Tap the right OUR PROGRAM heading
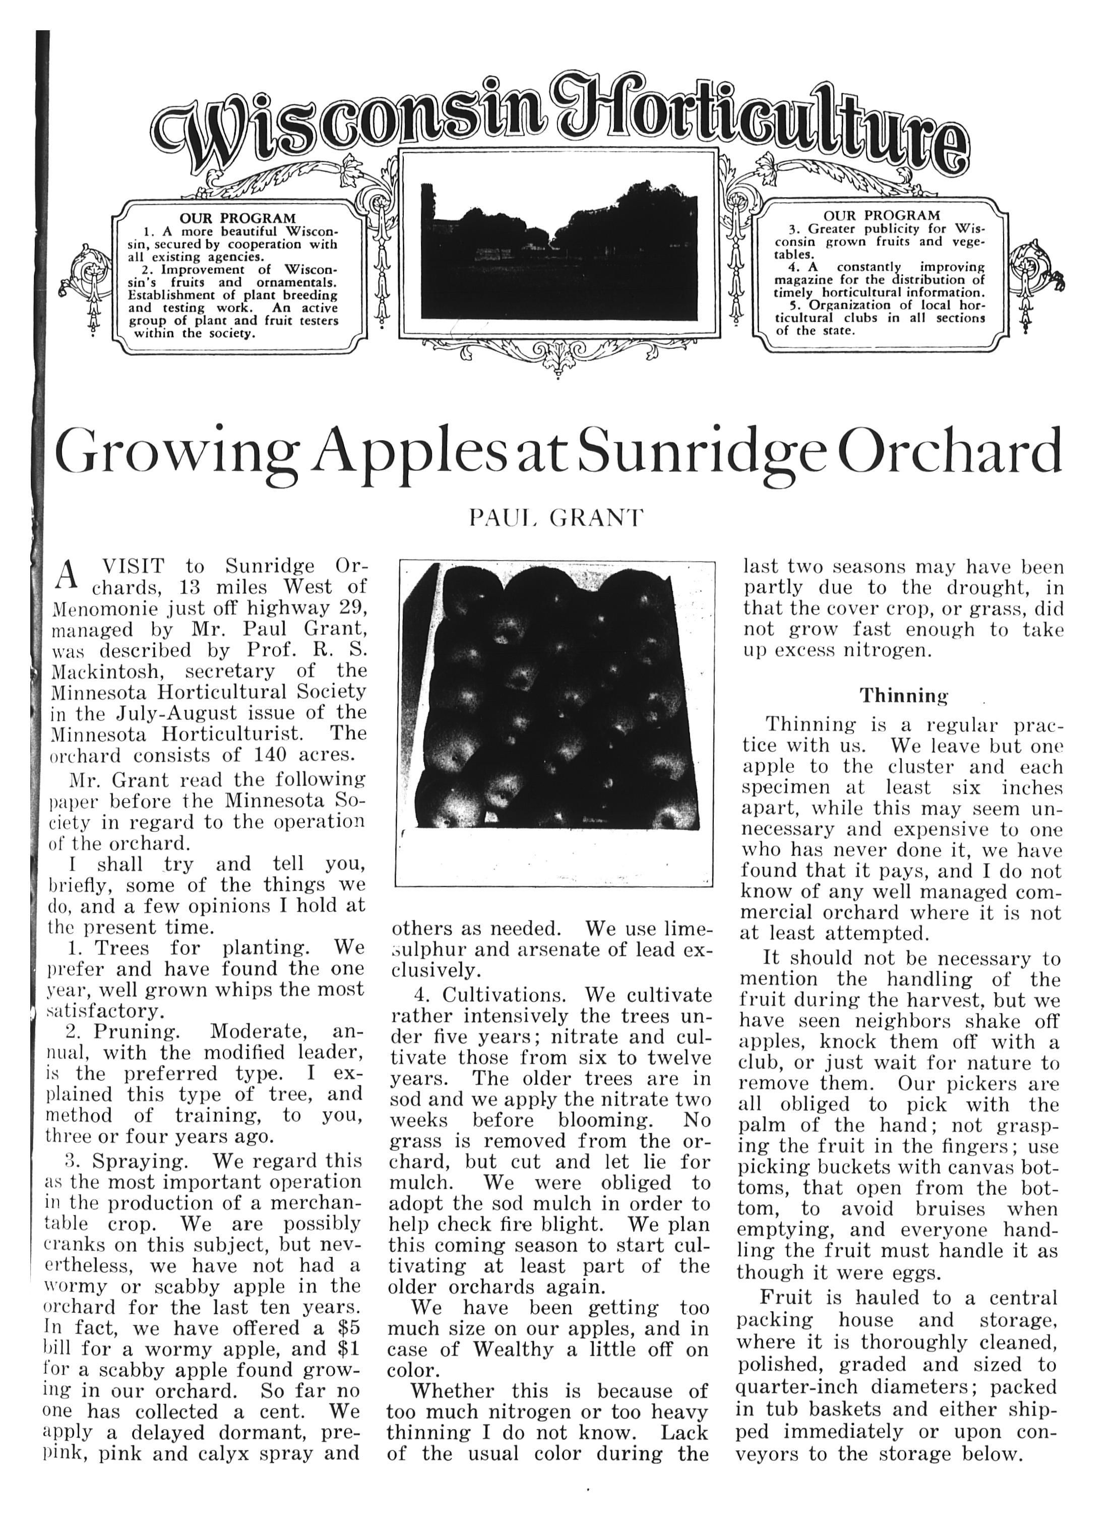coord(881,215)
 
